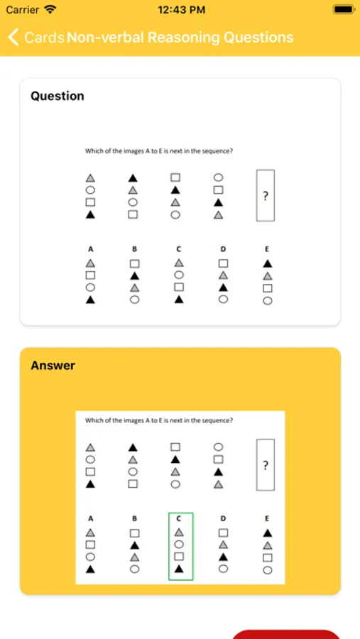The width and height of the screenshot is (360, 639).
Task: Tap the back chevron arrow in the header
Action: pyautogui.click(x=13, y=37)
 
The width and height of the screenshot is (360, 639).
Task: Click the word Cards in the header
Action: pyautogui.click(x=44, y=38)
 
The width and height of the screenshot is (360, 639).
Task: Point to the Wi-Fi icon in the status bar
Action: pyautogui.click(x=50, y=9)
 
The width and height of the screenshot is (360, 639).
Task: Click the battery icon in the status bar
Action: pyautogui.click(x=343, y=9)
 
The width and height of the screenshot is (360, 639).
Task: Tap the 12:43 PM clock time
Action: pyautogui.click(x=181, y=10)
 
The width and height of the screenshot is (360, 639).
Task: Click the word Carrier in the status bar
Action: pyautogui.click(x=23, y=10)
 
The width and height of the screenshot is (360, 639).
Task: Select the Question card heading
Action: pyautogui.click(x=58, y=96)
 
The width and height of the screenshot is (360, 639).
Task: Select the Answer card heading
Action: pyautogui.click(x=53, y=365)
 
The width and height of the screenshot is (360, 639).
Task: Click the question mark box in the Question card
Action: pyautogui.click(x=266, y=196)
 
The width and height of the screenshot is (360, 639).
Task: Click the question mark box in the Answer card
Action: pyautogui.click(x=266, y=465)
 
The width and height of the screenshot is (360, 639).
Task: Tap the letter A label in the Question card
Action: pyautogui.click(x=90, y=249)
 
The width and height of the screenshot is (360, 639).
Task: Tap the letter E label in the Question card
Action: pyautogui.click(x=267, y=249)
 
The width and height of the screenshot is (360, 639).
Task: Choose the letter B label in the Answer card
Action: pyautogui.click(x=134, y=518)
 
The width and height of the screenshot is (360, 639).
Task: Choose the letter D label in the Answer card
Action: pyautogui.click(x=223, y=518)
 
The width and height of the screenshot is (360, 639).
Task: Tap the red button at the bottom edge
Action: pyautogui.click(x=286, y=635)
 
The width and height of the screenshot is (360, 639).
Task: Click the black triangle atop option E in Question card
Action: pyautogui.click(x=268, y=263)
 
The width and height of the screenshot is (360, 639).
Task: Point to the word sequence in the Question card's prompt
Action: pyautogui.click(x=220, y=151)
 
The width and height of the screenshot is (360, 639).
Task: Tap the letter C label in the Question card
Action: pyautogui.click(x=178, y=249)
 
